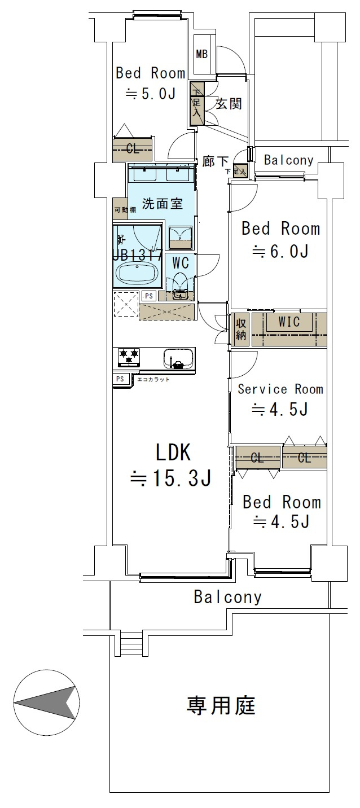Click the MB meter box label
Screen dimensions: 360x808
pos(201,54)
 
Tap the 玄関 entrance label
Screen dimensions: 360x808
pos(229,104)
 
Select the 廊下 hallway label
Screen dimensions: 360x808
pos(215,161)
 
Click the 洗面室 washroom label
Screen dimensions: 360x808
pos(163,204)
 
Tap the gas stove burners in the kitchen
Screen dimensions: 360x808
pos(129,357)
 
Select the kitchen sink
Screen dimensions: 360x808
pos(178,358)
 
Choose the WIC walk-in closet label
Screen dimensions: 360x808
pos(289,321)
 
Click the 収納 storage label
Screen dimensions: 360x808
pos(240,329)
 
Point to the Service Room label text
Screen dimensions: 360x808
pos(280,389)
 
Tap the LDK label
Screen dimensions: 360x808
pos(173,453)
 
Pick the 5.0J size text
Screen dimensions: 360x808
pos(151,94)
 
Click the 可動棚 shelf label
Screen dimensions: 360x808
pos(125,209)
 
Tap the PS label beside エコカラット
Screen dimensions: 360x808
pos(120,379)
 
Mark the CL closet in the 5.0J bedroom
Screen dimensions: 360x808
pos(133,149)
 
